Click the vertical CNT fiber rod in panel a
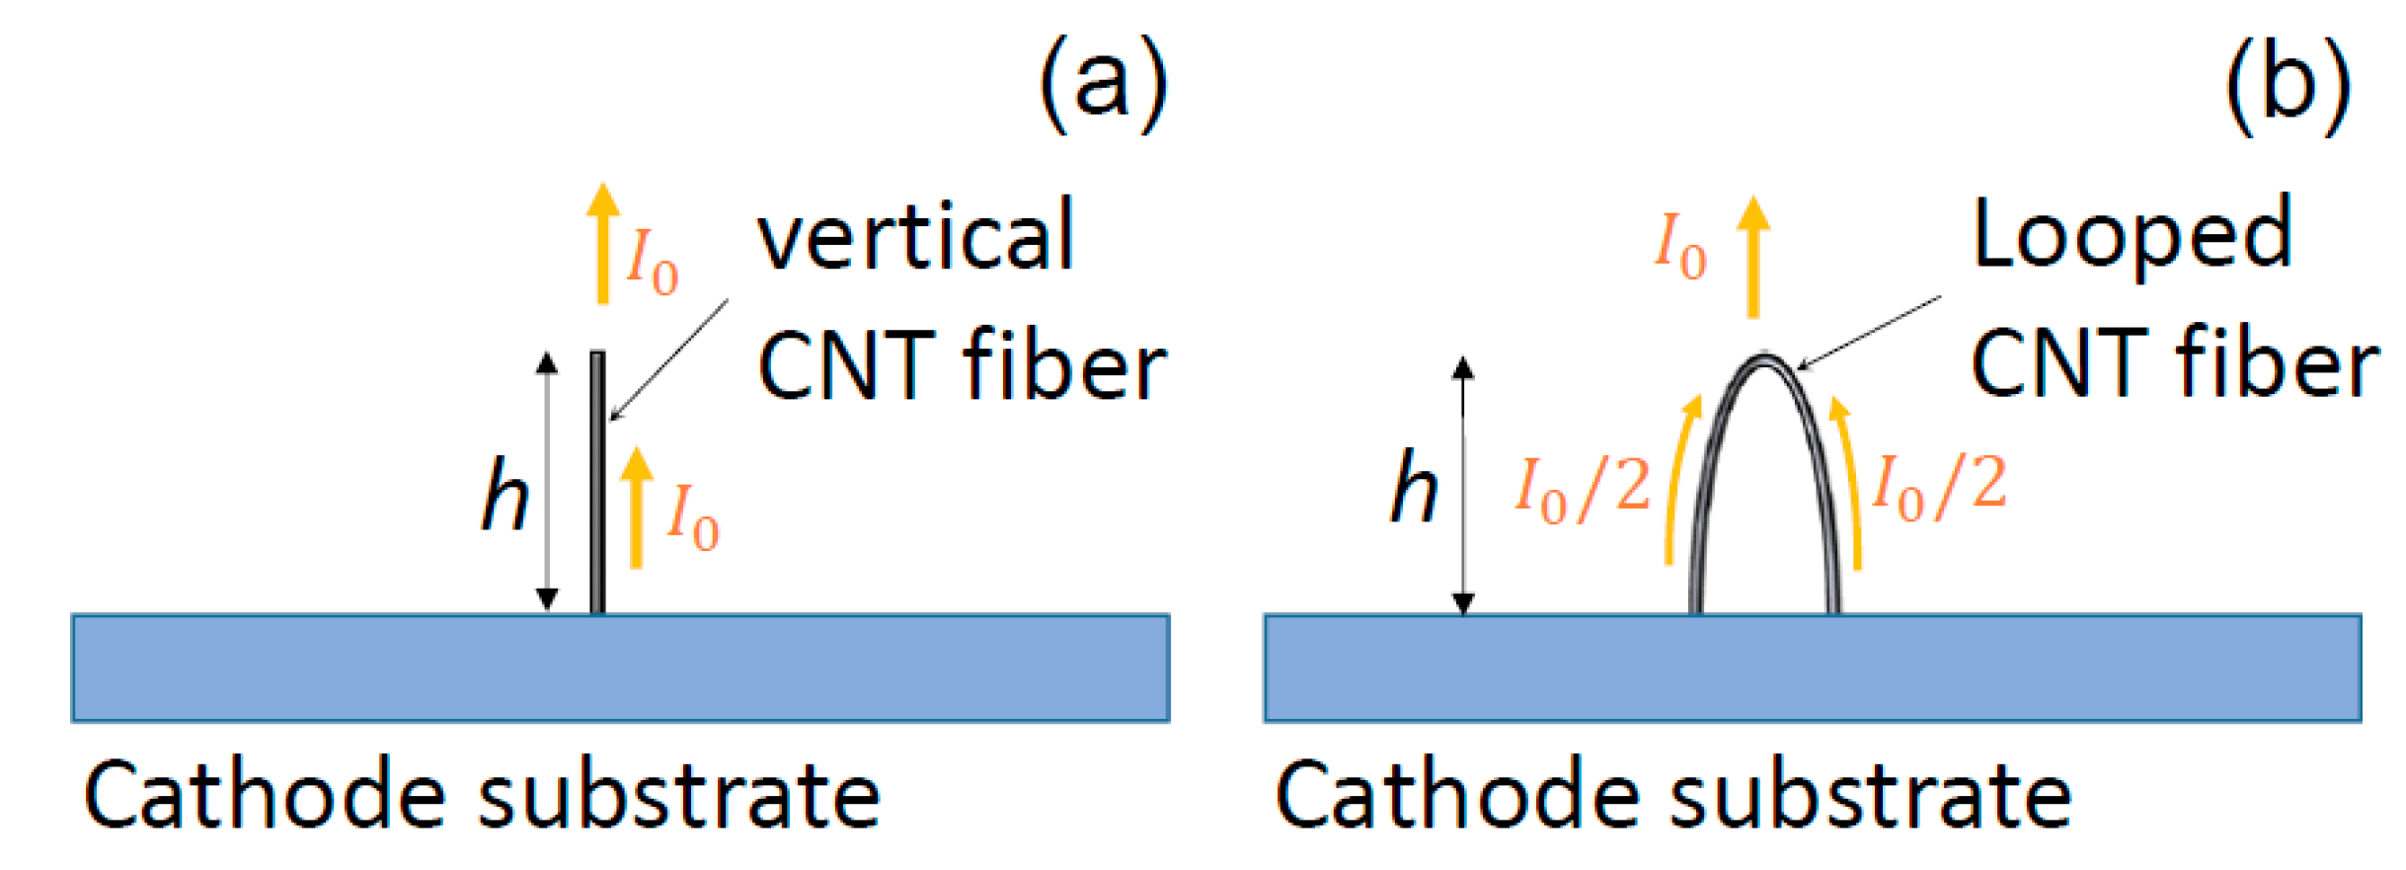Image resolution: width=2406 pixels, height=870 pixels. coord(597,484)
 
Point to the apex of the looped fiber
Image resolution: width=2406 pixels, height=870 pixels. coord(1764,358)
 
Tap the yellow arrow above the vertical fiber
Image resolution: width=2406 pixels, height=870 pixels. coord(602,243)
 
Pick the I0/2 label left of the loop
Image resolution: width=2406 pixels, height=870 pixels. coord(1583,489)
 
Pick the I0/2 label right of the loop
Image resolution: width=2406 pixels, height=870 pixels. coord(1939,486)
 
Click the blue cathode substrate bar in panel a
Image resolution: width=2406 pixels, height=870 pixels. coord(620,668)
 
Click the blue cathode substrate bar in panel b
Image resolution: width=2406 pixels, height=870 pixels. coord(1812,668)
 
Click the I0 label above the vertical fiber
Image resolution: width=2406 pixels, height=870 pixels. coord(653,261)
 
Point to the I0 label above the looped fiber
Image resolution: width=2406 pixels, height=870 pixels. coord(1680,246)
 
